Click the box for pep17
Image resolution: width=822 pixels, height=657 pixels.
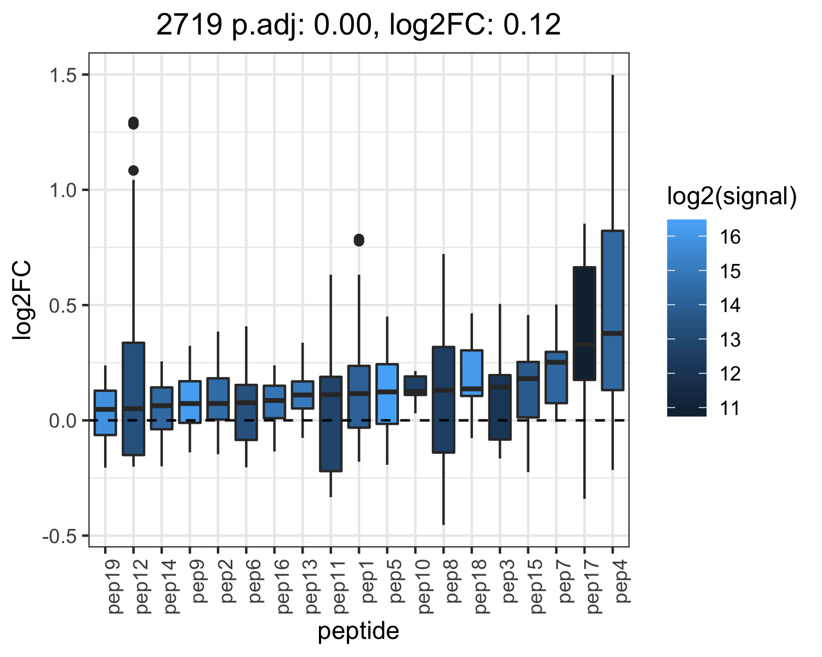tap(584, 324)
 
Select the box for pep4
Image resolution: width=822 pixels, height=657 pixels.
tap(613, 310)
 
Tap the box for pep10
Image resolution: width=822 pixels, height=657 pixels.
tap(415, 385)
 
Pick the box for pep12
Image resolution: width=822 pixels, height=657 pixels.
tap(133, 399)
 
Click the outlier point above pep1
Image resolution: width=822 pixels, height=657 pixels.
tap(359, 240)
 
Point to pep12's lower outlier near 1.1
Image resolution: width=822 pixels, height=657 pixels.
tap(133, 171)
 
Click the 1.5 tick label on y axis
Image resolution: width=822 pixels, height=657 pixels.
tap(64, 75)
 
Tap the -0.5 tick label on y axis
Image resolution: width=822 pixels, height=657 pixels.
tap(60, 536)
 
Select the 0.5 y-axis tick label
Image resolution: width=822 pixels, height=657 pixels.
tap(64, 306)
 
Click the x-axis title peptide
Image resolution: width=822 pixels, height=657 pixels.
tap(358, 631)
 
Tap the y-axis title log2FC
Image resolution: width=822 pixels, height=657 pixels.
tap(21, 299)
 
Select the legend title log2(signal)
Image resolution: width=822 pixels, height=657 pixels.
tap(732, 196)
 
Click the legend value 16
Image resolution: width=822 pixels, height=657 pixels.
tap(730, 237)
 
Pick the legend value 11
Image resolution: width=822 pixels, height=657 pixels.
tap(730, 408)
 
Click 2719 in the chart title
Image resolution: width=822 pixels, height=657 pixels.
tap(190, 25)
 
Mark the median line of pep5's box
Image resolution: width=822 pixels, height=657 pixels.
tap(387, 391)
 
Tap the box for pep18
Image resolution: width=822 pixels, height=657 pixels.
tap(472, 373)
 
